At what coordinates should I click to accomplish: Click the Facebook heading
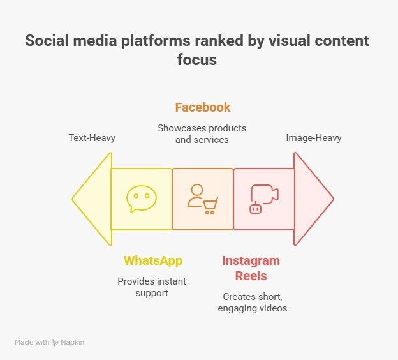click(203, 107)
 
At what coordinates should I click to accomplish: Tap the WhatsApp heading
click(153, 260)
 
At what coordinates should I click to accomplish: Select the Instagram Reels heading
click(251, 268)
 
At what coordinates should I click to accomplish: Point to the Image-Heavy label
click(314, 138)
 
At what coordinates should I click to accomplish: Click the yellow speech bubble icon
click(141, 199)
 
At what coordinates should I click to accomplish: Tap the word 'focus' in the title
click(198, 60)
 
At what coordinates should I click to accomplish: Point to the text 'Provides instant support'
click(151, 287)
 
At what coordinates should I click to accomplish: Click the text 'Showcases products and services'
click(202, 133)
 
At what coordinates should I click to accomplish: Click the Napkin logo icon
click(56, 343)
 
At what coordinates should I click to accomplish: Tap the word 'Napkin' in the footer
click(73, 343)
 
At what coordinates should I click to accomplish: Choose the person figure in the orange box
click(196, 194)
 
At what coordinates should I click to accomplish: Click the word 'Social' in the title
click(45, 41)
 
